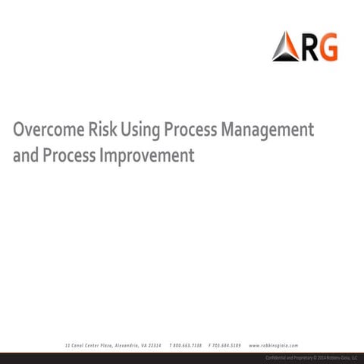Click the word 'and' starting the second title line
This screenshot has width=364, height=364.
25,156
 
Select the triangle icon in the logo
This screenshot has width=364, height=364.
285,47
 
